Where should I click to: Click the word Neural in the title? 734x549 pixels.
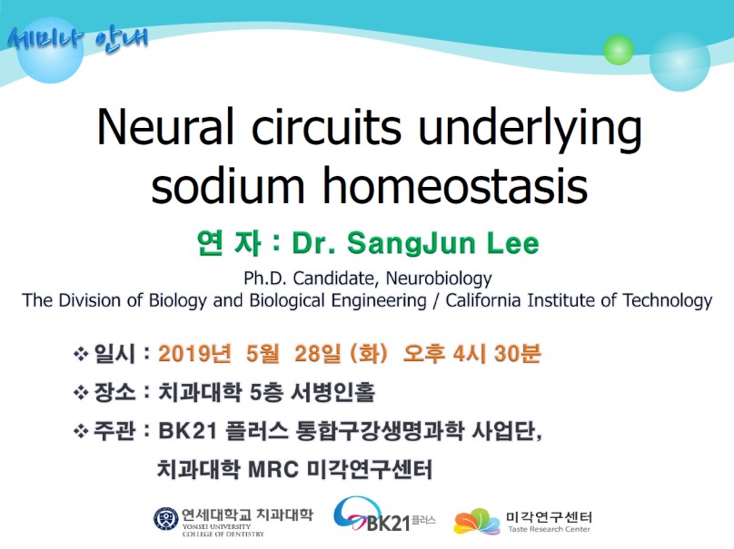pos(164,126)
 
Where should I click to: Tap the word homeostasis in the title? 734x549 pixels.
pos(455,186)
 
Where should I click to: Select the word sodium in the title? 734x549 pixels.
pos(228,186)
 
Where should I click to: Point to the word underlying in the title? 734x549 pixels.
pos(530,130)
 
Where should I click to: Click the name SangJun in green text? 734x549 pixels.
pos(411,243)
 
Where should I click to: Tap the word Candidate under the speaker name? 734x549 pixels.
pos(332,279)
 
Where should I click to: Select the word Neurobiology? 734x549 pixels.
pos(439,279)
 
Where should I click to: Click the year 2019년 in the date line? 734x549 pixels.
pos(194,353)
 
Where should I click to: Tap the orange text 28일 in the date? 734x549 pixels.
pos(317,353)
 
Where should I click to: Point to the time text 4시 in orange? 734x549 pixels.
pos(463,353)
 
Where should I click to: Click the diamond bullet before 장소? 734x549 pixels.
pos(81,392)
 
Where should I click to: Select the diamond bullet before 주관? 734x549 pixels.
pos(81,431)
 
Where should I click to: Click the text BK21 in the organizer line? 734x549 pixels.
pos(188,431)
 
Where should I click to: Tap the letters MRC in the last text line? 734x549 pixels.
pos(273,469)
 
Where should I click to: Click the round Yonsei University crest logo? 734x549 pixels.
pos(166,519)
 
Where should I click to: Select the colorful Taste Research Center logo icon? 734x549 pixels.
pos(476,522)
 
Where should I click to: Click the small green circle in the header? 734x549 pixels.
pos(618,50)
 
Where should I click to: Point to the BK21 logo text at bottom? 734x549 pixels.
pos(388,523)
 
